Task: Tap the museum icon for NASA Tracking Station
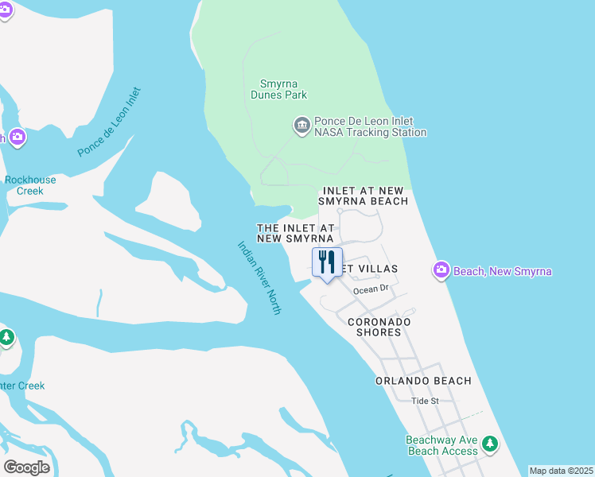click(x=301, y=126)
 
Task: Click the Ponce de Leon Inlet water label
click(x=109, y=122)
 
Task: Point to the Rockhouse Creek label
click(x=30, y=185)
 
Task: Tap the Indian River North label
click(x=259, y=277)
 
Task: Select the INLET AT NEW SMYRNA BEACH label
click(x=364, y=196)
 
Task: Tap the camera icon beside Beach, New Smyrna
click(x=441, y=271)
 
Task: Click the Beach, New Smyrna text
click(x=502, y=272)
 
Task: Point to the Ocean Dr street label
click(x=371, y=289)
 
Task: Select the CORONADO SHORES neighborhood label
click(x=379, y=327)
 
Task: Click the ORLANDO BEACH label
click(x=424, y=381)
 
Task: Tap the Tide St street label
click(x=425, y=401)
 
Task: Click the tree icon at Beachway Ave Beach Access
click(x=491, y=442)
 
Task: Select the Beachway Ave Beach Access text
click(x=442, y=445)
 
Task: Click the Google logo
click(x=26, y=467)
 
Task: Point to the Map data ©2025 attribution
click(x=562, y=471)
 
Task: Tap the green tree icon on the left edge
click(x=6, y=337)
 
